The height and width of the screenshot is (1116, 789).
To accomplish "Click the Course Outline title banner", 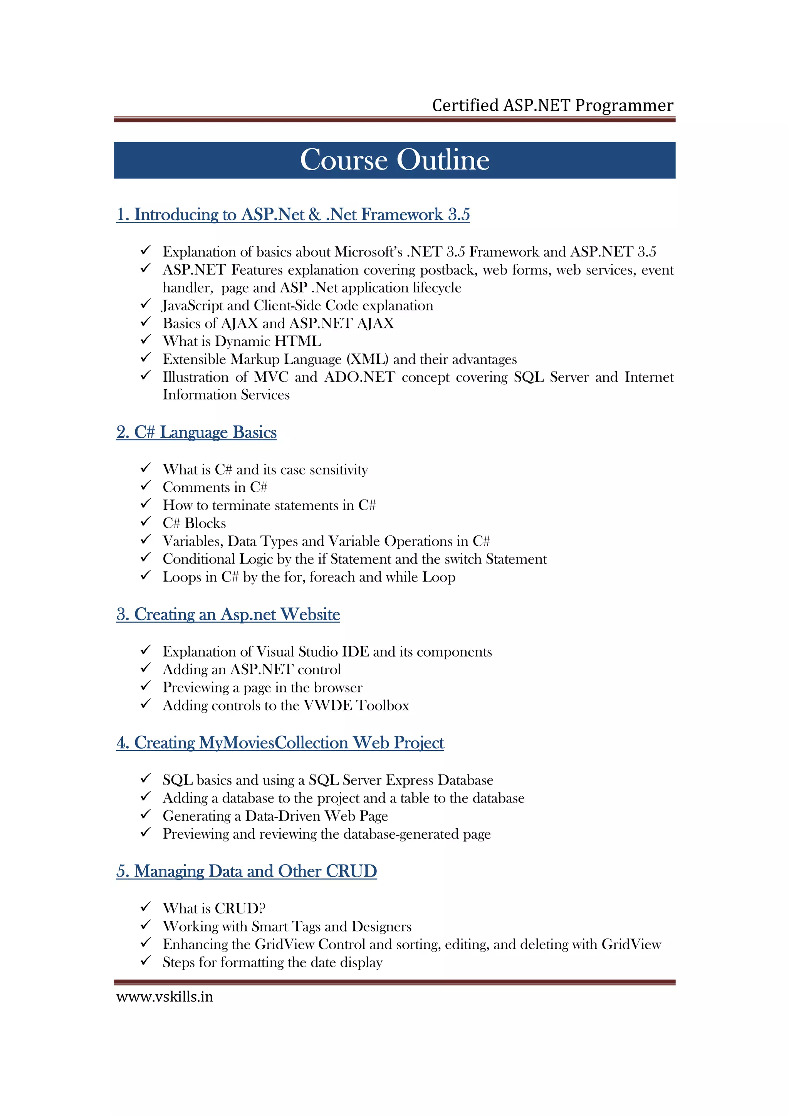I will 394,160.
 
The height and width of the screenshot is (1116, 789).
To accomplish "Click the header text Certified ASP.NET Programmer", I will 552,106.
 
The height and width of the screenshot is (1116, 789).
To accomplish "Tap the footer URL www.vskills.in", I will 165,997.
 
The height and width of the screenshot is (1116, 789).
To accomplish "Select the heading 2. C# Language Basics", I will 196,432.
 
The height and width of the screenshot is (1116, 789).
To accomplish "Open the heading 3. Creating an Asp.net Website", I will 228,614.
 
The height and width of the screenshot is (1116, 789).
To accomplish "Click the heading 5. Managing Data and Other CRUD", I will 247,871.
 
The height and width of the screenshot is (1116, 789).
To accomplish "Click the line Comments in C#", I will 215,487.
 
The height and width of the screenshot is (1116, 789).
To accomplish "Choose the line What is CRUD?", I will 214,908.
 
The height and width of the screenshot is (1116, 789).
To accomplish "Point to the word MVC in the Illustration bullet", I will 271,377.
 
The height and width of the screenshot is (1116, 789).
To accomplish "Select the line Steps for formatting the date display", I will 272,962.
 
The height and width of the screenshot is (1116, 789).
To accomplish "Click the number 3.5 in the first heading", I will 458,214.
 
